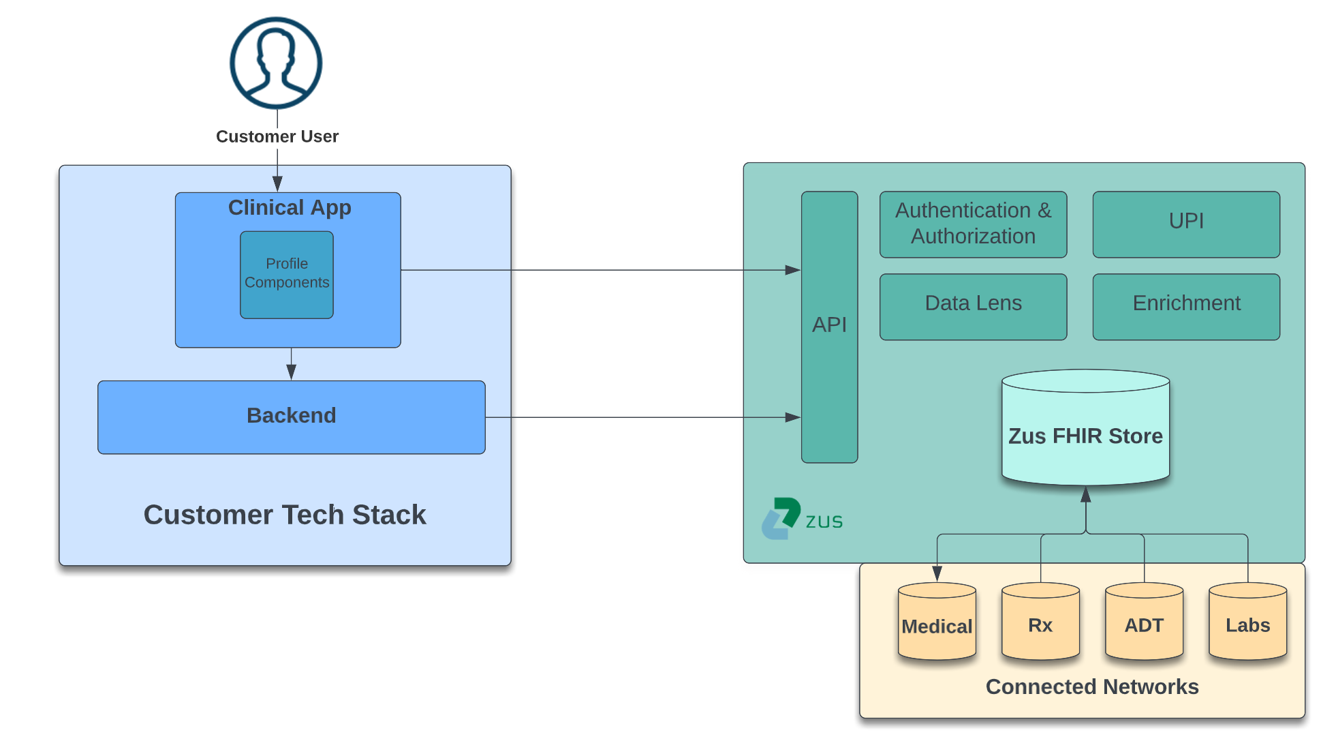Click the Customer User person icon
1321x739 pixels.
tap(276, 63)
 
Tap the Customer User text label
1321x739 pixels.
tap(277, 136)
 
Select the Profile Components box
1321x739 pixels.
tap(287, 274)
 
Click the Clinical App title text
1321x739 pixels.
tap(290, 207)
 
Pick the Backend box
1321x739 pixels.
tap(292, 417)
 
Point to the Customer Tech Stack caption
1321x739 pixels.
tap(285, 515)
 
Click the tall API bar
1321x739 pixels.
tap(829, 327)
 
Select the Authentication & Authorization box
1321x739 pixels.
tap(973, 224)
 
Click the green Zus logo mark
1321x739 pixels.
tap(781, 517)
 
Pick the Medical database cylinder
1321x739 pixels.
tap(937, 621)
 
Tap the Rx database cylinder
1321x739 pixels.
tap(1040, 621)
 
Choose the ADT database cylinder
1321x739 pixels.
tap(1144, 621)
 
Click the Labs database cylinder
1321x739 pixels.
tap(1247, 621)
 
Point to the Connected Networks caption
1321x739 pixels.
tap(1091, 687)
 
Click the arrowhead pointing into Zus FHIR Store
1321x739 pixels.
tap(1086, 494)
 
